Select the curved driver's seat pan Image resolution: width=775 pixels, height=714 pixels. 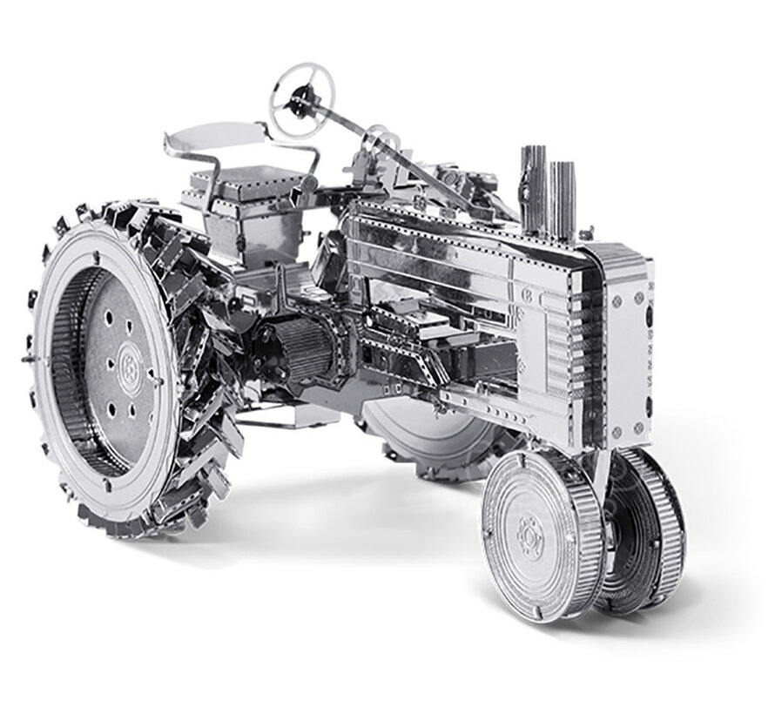coord(213,135)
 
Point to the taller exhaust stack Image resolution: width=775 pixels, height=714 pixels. coord(533,187)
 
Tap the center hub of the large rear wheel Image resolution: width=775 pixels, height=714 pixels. coord(128,359)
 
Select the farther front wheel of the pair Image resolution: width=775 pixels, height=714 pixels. coord(649,522)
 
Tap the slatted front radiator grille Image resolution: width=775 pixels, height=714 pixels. coord(592,348)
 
